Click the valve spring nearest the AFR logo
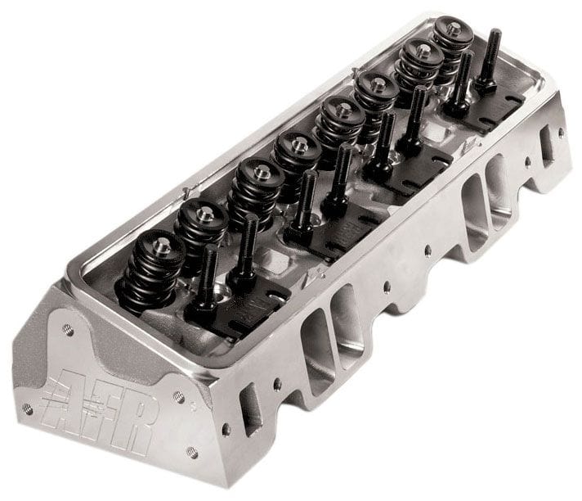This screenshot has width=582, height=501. point(148,263)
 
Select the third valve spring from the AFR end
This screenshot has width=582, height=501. point(251,190)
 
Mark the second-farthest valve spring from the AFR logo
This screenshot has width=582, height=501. point(420,66)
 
